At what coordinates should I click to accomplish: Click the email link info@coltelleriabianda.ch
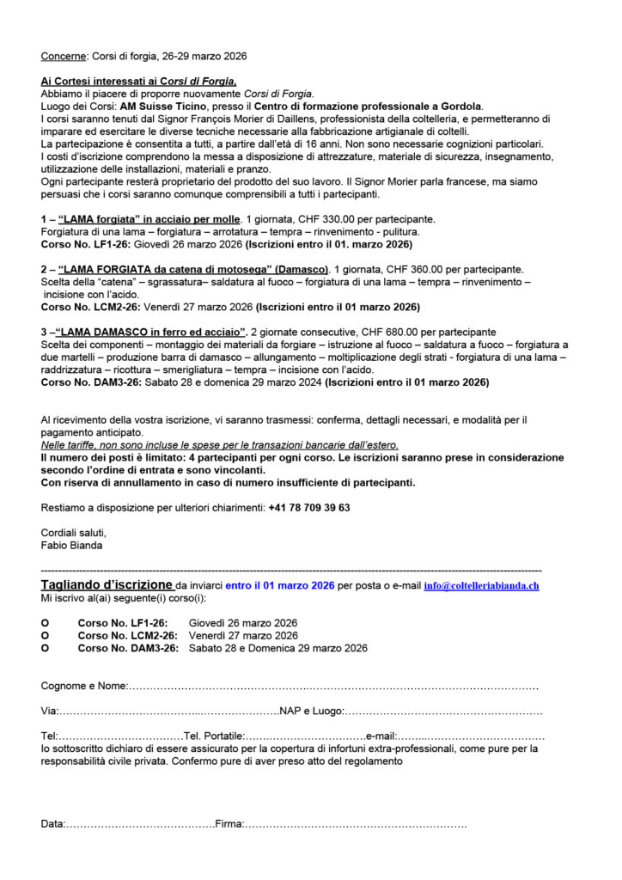(x=481, y=585)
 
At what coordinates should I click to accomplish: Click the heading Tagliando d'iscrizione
(x=107, y=584)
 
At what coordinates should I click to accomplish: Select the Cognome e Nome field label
(x=83, y=686)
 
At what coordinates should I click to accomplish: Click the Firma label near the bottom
(x=229, y=824)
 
